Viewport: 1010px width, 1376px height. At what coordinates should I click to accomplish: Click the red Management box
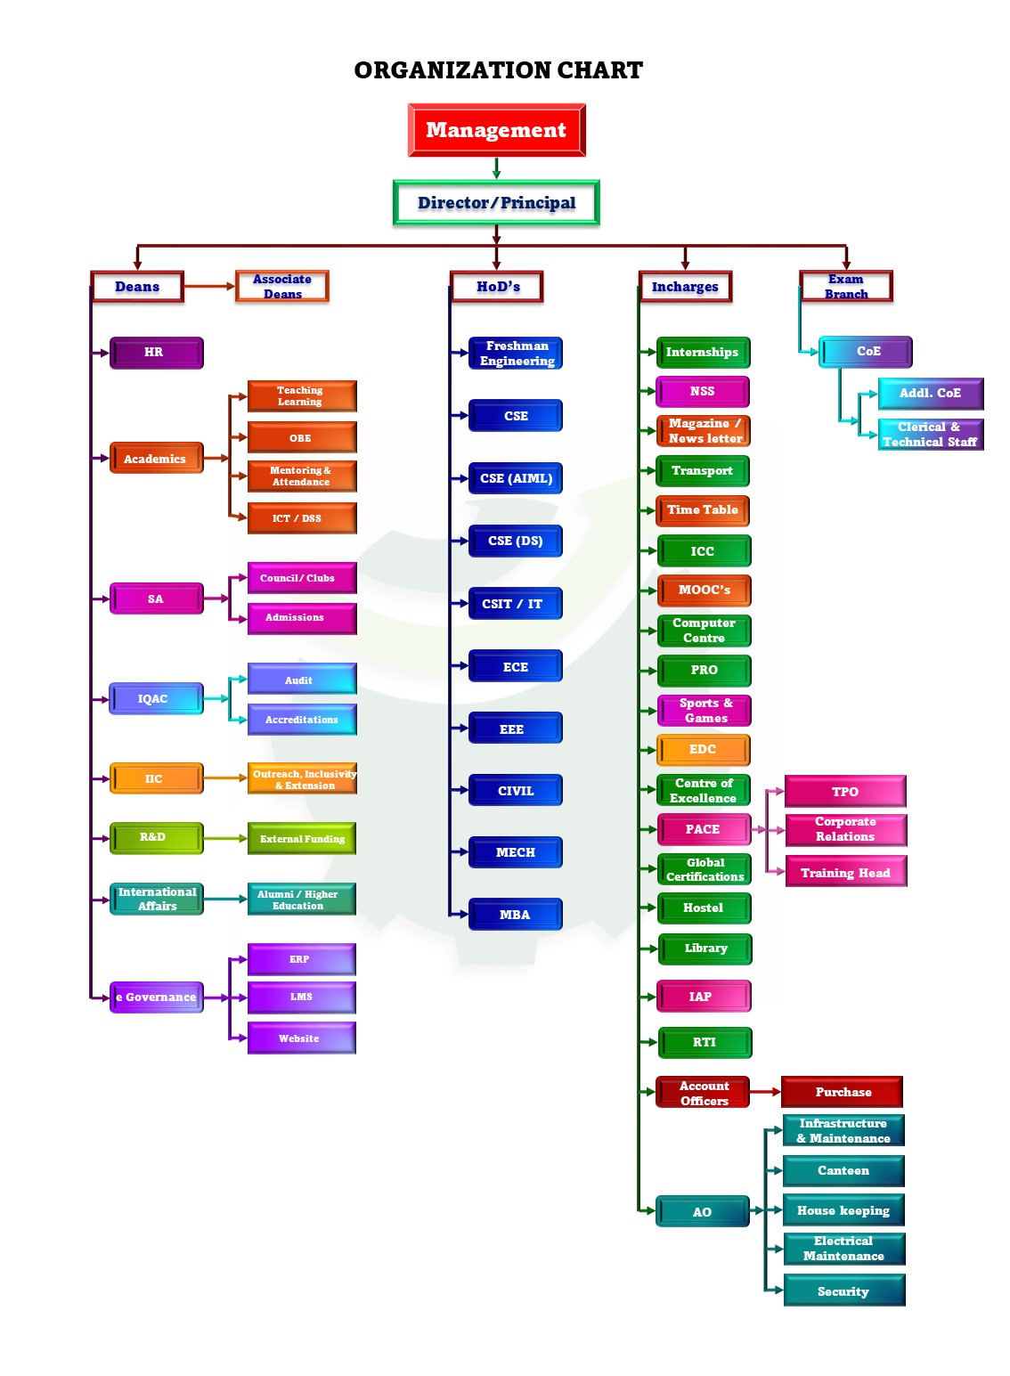point(496,130)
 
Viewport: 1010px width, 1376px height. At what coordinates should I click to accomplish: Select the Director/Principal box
point(496,203)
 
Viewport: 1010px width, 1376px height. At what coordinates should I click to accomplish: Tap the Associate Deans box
point(282,287)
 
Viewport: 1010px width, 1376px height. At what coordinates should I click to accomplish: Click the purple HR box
point(156,353)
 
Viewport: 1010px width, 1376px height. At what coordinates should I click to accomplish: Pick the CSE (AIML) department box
point(516,478)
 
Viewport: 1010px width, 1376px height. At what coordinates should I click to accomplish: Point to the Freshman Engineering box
point(516,354)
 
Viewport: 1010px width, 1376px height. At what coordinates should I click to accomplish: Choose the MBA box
point(516,915)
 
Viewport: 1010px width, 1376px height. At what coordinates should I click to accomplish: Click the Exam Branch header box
point(845,287)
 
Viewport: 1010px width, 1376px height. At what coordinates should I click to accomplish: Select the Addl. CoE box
point(930,394)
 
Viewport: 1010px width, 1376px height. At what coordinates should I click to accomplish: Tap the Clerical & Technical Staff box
point(930,435)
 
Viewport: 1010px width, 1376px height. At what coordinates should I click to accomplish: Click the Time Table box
point(703,510)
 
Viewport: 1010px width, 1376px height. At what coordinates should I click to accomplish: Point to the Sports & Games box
point(704,711)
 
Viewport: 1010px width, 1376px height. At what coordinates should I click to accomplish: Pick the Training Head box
point(845,873)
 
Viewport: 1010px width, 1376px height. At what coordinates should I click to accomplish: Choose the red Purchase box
point(843,1092)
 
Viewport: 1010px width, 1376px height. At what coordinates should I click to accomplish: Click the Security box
point(843,1291)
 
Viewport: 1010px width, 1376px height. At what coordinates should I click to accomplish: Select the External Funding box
point(302,839)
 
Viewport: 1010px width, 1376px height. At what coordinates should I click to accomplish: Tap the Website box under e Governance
point(301,1038)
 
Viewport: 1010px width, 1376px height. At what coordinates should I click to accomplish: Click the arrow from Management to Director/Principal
point(496,168)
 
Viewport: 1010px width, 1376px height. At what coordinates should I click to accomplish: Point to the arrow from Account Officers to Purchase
point(765,1092)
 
